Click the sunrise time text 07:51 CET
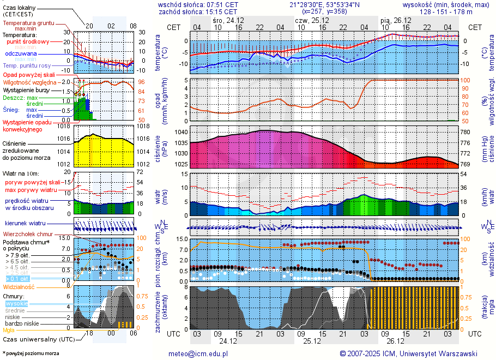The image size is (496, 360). pos(220,4)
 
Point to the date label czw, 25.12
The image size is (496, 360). pos(309,20)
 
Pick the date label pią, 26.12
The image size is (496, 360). pos(395,20)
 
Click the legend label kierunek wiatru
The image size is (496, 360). pos(25,224)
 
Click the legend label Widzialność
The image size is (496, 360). pos(19,286)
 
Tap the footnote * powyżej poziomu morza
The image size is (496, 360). pos(31,353)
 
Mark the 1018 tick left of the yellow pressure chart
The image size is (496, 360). pos(64,126)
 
